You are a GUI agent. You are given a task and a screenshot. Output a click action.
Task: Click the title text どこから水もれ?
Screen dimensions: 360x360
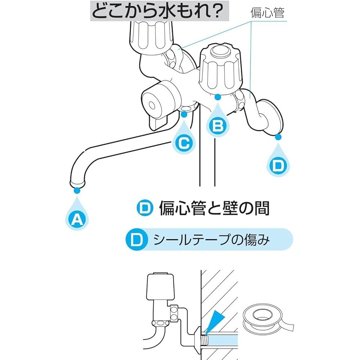(158, 11)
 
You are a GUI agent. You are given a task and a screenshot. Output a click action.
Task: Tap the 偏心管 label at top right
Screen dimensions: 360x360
(267, 13)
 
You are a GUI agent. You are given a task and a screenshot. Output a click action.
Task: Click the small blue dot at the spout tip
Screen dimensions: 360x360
(77, 190)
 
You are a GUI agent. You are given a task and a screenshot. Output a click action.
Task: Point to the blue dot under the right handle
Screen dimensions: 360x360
(217, 97)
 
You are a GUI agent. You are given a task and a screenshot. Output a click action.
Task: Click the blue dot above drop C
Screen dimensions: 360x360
(184, 114)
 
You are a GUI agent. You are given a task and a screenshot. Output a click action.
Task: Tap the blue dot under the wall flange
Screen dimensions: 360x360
(278, 137)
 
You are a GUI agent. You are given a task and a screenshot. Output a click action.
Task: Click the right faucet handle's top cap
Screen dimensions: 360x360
(219, 51)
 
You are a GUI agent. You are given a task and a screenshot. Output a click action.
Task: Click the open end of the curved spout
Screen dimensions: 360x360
(77, 183)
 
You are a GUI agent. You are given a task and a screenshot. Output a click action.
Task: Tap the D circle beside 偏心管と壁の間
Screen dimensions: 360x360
(145, 208)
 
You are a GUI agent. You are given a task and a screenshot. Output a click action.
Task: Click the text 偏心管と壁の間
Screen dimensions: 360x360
(214, 208)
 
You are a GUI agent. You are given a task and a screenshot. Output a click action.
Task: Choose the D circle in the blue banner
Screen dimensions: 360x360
(137, 240)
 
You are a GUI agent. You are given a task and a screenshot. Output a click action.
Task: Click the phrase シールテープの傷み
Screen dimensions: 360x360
(211, 240)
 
